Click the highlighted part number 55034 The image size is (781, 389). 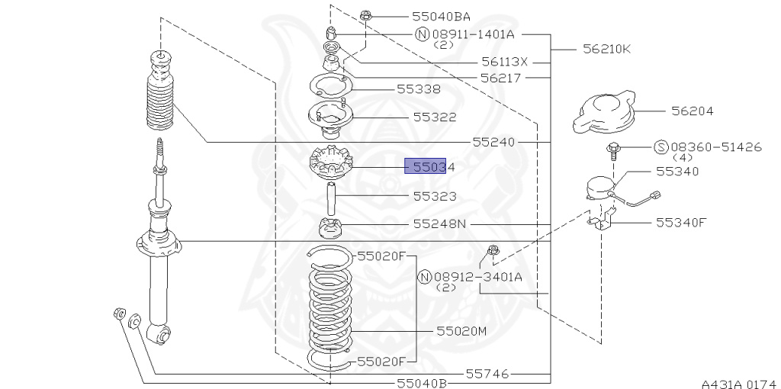click(x=434, y=167)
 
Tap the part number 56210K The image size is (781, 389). click(x=606, y=49)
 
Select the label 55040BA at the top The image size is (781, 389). click(x=441, y=17)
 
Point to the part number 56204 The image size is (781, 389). click(x=692, y=111)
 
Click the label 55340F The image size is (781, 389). click(x=681, y=222)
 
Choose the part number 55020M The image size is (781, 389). click(x=461, y=331)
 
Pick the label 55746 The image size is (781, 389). click(x=487, y=373)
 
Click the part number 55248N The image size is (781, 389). click(x=440, y=224)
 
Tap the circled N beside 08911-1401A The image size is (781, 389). click(x=422, y=34)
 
